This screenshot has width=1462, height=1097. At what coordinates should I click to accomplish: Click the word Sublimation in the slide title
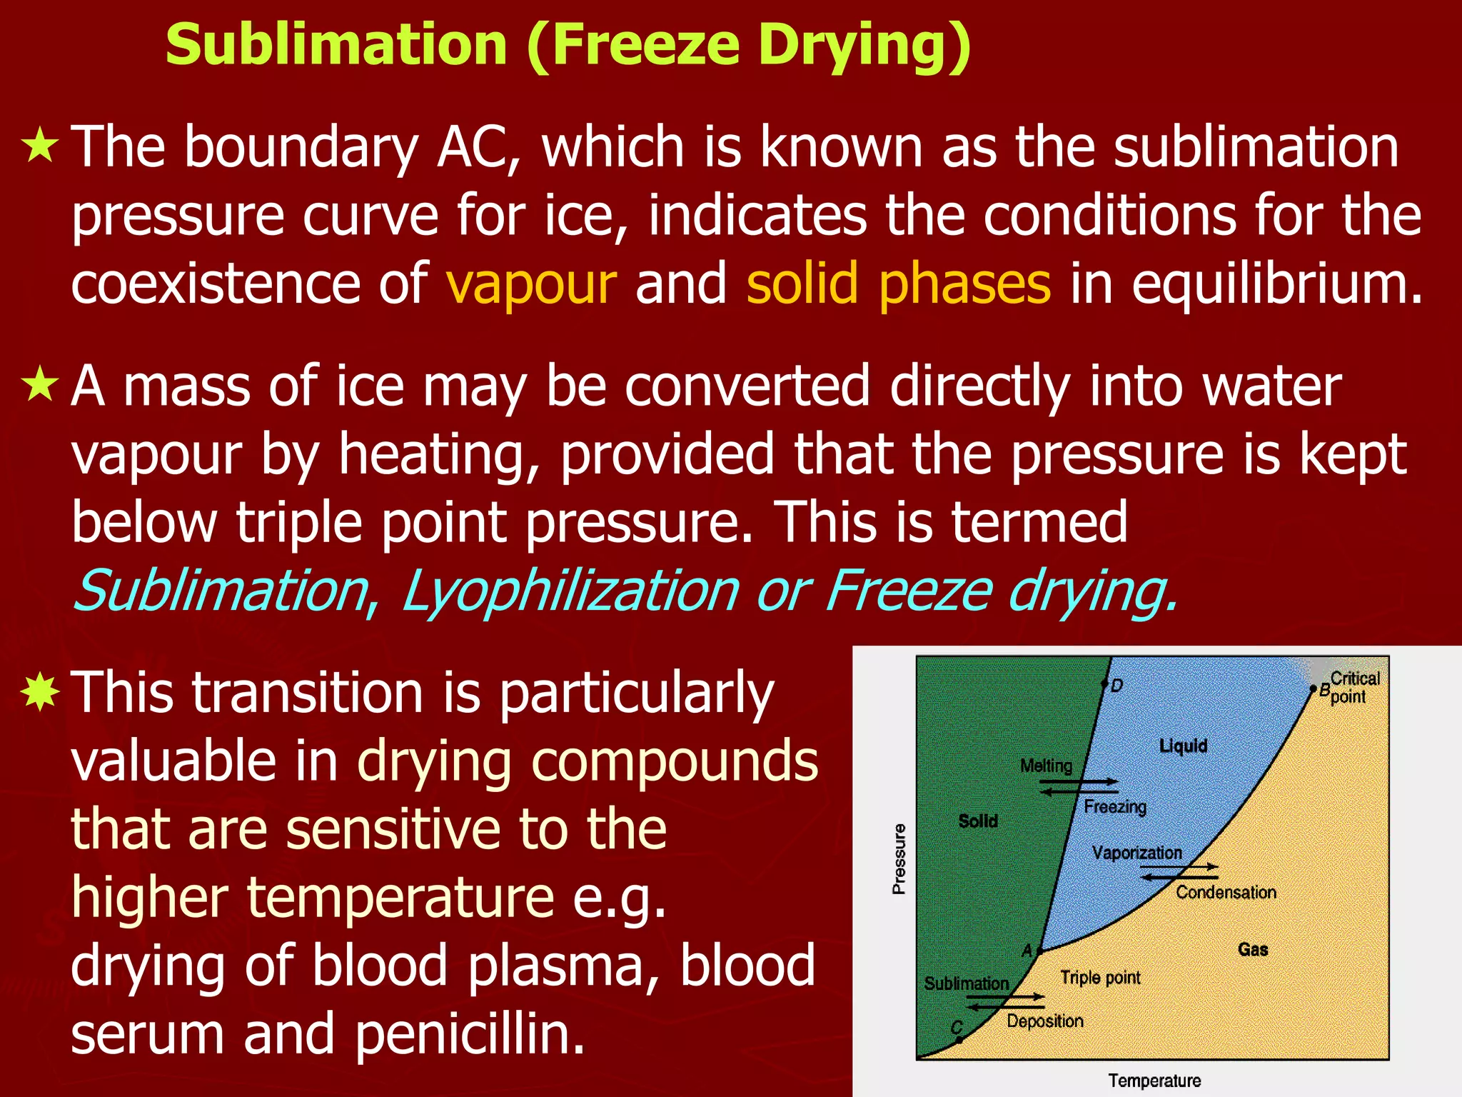point(336,44)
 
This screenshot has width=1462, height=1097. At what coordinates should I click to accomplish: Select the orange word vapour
point(531,284)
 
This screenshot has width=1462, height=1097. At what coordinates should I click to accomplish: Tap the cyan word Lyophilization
point(570,591)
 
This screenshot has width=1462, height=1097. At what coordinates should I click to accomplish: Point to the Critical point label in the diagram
point(1353,687)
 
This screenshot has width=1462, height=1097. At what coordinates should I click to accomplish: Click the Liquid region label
point(1183,746)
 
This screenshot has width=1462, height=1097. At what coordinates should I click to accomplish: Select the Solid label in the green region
point(978,821)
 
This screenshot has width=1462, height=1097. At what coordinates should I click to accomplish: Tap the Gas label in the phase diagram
point(1253,949)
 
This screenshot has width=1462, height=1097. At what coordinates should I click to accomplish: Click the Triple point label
point(1100,978)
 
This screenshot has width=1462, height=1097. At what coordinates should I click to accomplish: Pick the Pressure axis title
point(899,858)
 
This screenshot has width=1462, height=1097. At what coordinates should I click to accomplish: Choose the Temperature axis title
point(1154,1081)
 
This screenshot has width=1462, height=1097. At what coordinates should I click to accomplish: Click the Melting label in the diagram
point(1046,766)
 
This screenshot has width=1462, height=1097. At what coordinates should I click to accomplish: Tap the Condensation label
point(1226,892)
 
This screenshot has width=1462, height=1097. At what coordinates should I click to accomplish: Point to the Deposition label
point(1045,1021)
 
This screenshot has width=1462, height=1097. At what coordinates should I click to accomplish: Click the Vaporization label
point(1136,853)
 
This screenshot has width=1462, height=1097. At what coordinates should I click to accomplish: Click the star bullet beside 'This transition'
point(41,692)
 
